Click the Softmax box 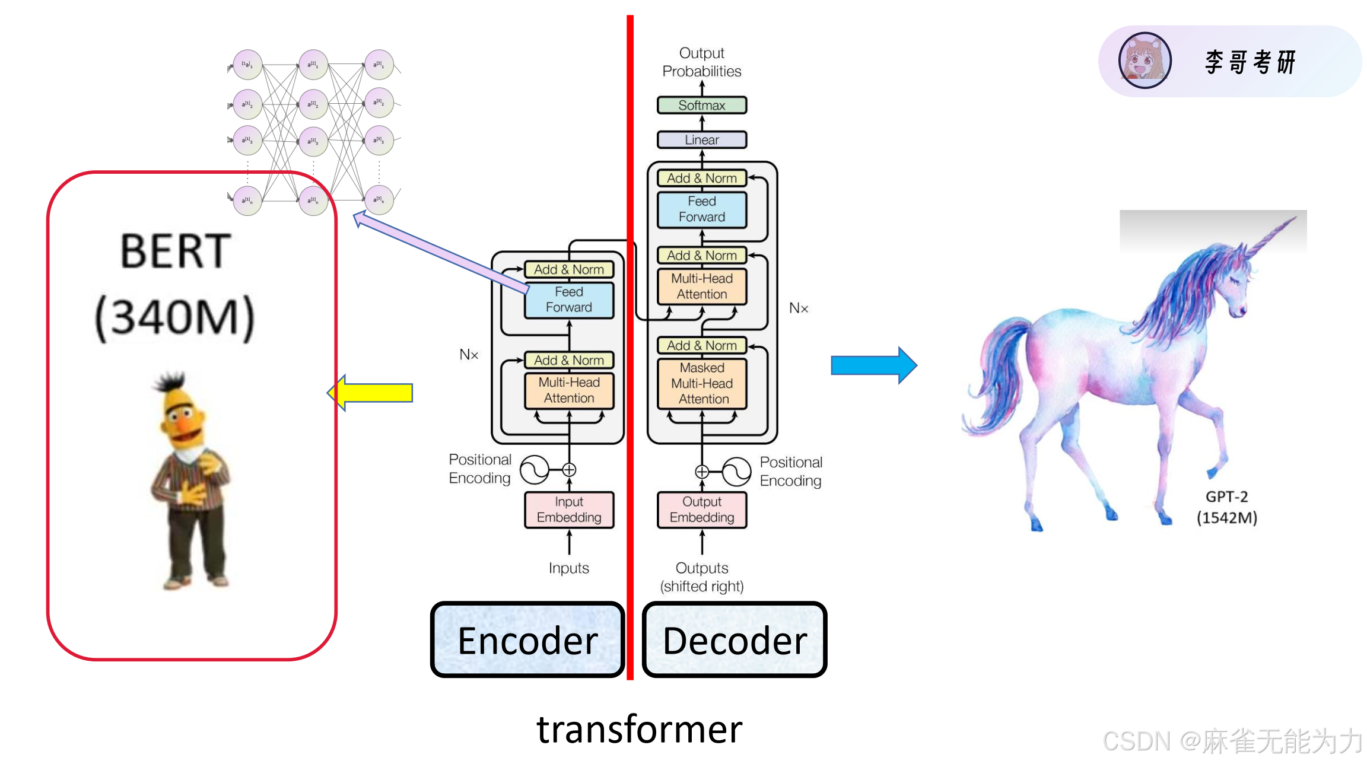point(701,106)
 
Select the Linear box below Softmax point(701,140)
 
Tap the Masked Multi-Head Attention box point(702,384)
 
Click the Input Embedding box point(569,510)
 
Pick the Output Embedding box point(702,510)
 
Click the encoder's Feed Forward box point(569,300)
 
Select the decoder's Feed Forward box point(702,209)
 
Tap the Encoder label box point(527,640)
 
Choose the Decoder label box point(735,640)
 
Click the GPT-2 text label point(1226,497)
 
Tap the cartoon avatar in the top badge point(1145,61)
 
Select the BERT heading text point(175,251)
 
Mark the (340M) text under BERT point(175,317)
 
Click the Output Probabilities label point(701,62)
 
